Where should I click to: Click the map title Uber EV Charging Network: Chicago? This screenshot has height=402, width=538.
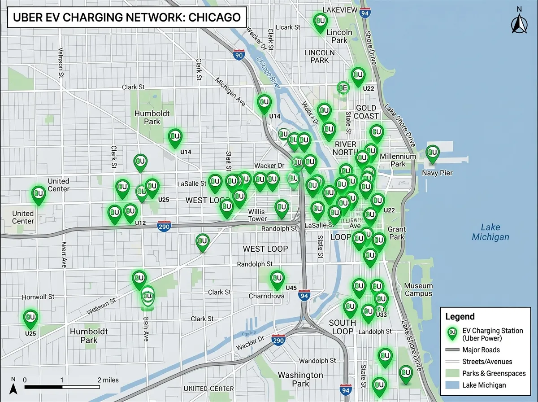[x=127, y=17]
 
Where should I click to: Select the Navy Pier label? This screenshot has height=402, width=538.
[x=437, y=173]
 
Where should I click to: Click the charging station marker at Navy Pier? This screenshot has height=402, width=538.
[x=432, y=153]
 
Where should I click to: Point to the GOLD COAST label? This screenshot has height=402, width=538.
[x=367, y=112]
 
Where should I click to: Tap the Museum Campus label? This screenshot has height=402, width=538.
[x=418, y=290]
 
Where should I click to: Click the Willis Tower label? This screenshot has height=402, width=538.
[x=257, y=215]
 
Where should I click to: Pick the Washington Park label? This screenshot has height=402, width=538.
[x=300, y=379]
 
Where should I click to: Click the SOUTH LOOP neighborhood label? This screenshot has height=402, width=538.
[x=343, y=327]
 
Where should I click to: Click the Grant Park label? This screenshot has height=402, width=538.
[x=397, y=233]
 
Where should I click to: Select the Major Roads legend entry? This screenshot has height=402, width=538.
[x=481, y=350]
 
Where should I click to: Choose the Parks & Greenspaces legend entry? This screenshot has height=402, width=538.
[x=487, y=373]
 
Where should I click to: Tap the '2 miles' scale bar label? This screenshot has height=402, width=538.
[x=109, y=380]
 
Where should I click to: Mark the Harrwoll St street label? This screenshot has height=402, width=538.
[x=38, y=297]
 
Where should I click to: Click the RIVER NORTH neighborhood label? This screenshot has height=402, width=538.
[x=345, y=149]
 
